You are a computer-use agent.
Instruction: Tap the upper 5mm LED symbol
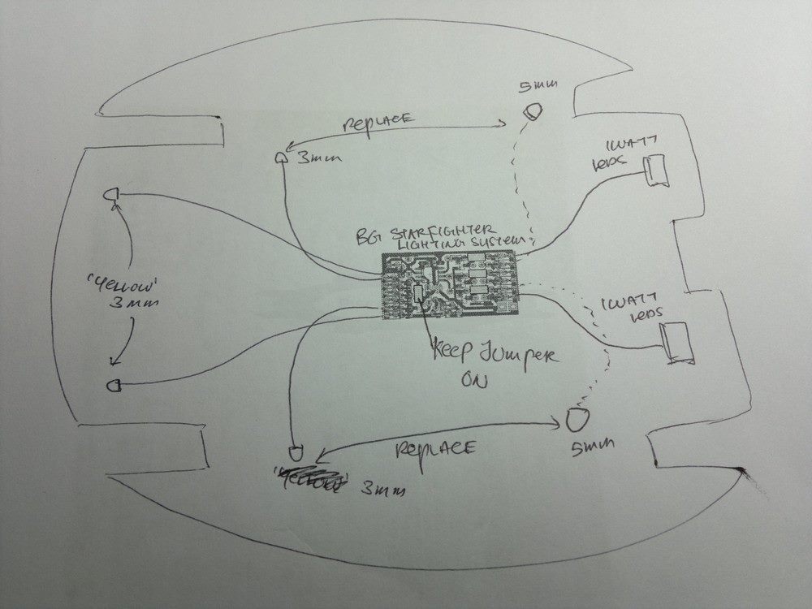[x=532, y=111]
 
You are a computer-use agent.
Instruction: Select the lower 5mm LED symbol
[x=576, y=420]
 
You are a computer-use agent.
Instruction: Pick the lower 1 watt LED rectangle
[x=676, y=343]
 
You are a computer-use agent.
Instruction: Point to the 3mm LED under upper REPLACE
[x=281, y=158]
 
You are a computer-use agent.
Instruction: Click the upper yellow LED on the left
[x=110, y=195]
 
